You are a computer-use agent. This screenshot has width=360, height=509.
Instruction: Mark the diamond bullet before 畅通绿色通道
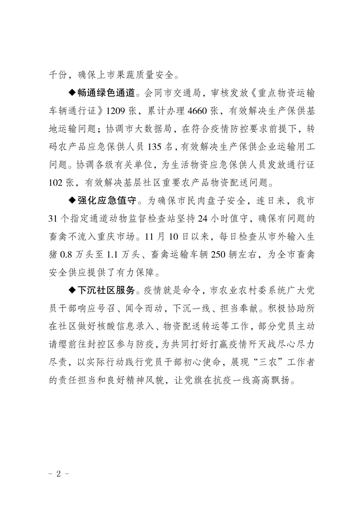[72, 93]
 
